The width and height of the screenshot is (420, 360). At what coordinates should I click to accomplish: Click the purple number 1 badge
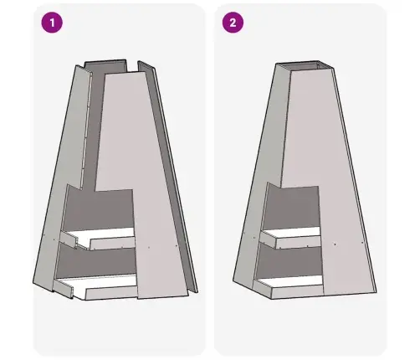pyautogui.click(x=52, y=23)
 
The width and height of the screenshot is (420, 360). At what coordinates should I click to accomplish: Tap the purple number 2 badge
pyautogui.click(x=233, y=23)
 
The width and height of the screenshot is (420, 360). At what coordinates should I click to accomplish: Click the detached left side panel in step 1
pyautogui.click(x=63, y=178)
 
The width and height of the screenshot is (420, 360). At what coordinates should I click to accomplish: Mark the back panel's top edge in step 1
pyautogui.click(x=105, y=60)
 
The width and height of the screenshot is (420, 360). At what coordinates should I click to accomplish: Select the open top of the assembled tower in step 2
pyautogui.click(x=305, y=65)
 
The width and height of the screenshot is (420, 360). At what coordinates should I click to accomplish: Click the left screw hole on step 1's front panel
pyautogui.click(x=149, y=247)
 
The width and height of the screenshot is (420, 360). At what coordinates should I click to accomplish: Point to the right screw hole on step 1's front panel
pyautogui.click(x=176, y=246)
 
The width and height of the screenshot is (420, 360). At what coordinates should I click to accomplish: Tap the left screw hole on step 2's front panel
pyautogui.click(x=335, y=244)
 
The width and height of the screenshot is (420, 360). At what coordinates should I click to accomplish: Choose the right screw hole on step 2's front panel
pyautogui.click(x=362, y=243)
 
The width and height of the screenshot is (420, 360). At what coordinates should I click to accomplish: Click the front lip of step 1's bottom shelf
pyautogui.click(x=111, y=294)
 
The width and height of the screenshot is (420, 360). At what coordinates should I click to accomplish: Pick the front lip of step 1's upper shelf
pyautogui.click(x=113, y=244)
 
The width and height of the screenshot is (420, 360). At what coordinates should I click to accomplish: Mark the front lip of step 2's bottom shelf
pyautogui.click(x=297, y=292)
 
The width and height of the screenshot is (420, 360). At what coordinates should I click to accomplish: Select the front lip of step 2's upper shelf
pyautogui.click(x=299, y=242)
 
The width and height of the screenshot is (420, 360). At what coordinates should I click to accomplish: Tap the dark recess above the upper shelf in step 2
pyautogui.click(x=291, y=208)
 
